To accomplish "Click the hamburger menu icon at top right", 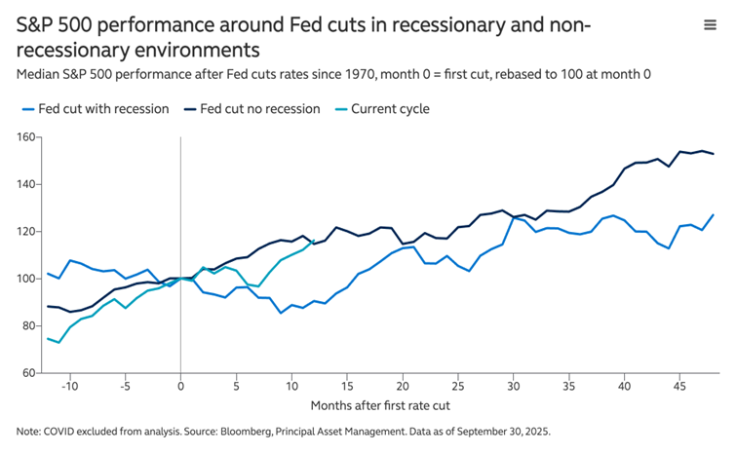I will pyautogui.click(x=710, y=25).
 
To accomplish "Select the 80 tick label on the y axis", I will pyautogui.click(x=26, y=325).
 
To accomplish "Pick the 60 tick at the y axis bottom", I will pyautogui.click(x=26, y=373).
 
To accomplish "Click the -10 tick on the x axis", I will pyautogui.click(x=68, y=386).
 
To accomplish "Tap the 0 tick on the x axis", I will pyautogui.click(x=180, y=386).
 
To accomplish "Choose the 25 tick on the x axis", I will pyautogui.click(x=458, y=386).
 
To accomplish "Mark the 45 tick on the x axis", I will pyautogui.click(x=680, y=386).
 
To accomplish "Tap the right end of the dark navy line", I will pyautogui.click(x=714, y=154).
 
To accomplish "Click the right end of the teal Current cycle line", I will pyautogui.click(x=314, y=242).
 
